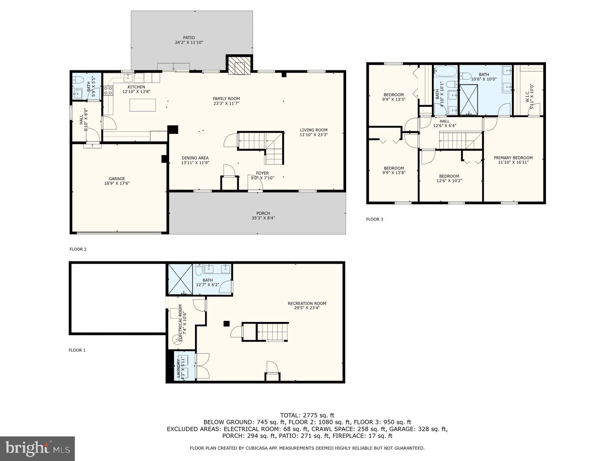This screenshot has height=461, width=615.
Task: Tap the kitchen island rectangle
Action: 142,105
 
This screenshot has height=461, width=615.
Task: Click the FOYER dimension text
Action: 262,178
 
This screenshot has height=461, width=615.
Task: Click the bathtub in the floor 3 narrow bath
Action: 446,71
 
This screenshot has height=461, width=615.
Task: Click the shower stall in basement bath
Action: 179,279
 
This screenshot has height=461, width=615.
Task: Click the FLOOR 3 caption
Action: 374,219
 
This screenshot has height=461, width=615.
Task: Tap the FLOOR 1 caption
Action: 77,350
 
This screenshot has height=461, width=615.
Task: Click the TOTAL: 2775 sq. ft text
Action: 307,415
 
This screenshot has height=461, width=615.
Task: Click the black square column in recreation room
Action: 226,324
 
